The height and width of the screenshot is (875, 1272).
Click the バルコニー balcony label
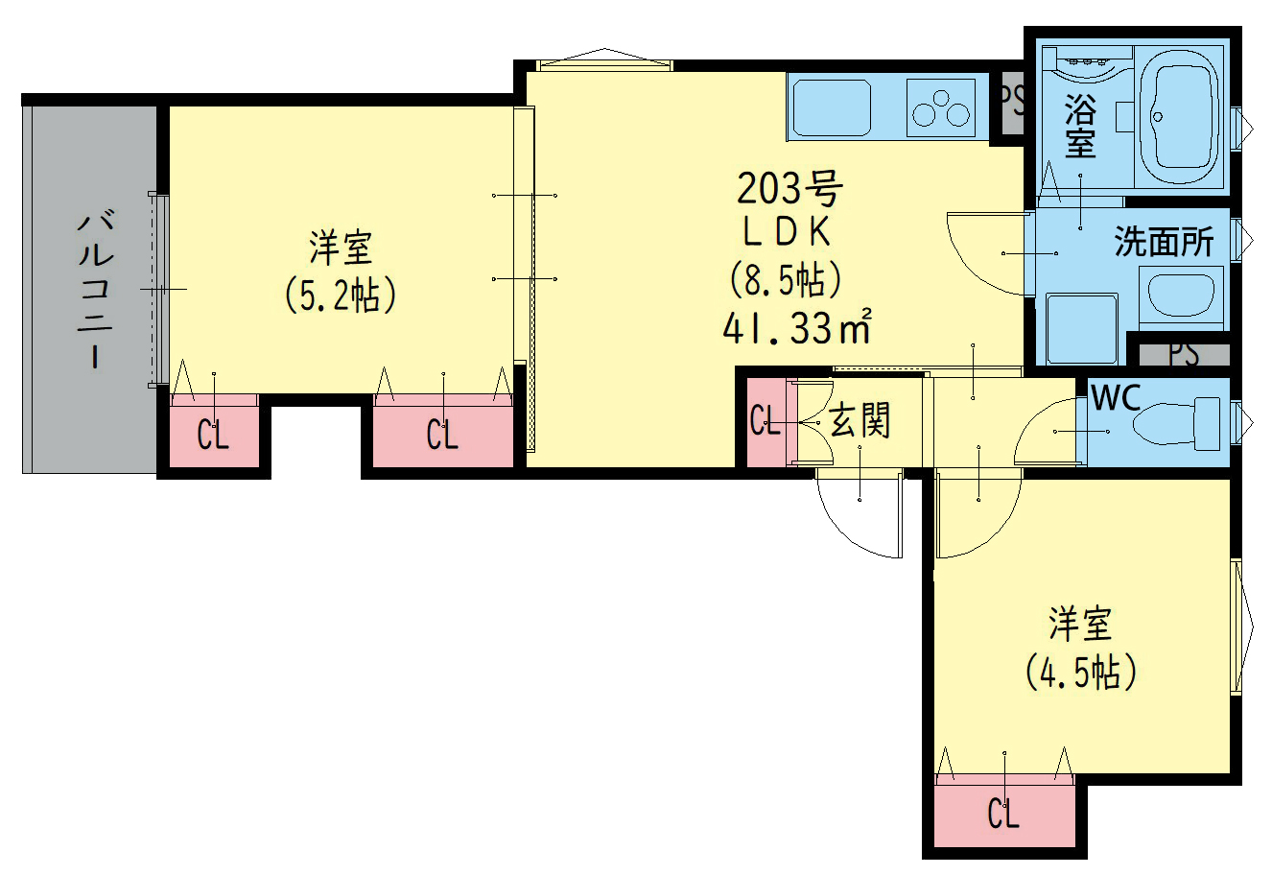click(95, 290)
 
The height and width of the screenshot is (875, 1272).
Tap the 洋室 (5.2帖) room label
click(341, 272)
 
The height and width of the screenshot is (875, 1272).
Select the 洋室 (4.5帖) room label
click(1080, 648)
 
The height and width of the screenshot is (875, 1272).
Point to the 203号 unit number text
click(789, 189)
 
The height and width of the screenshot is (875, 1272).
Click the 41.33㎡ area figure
click(797, 327)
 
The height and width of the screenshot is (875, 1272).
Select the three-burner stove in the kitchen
click(941, 107)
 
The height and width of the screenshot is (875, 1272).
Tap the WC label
click(1117, 397)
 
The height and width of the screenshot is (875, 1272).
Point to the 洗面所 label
click(1165, 242)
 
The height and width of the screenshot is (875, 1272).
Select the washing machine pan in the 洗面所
click(1082, 328)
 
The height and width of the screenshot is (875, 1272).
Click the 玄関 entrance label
click(860, 420)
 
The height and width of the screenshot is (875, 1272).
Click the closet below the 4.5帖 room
click(1004, 816)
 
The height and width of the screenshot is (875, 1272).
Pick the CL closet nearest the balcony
click(214, 431)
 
